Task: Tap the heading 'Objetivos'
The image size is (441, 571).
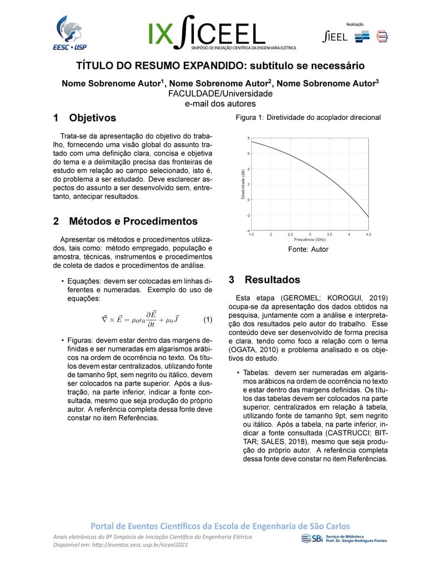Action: pyautogui.click(x=92, y=118)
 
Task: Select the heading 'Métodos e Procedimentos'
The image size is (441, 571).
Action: pyautogui.click(x=133, y=221)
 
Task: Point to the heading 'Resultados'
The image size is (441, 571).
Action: pyautogui.click(x=272, y=279)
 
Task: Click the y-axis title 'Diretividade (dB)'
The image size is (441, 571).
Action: pyautogui.click(x=243, y=184)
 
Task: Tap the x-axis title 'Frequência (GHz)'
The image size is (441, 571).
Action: pyautogui.click(x=310, y=239)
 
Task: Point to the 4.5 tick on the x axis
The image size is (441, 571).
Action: pyautogui.click(x=368, y=235)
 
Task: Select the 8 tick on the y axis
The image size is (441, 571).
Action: pyautogui.click(x=248, y=138)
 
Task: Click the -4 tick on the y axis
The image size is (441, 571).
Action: pyautogui.click(x=248, y=231)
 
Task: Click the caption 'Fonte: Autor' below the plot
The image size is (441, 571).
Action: pyautogui.click(x=308, y=249)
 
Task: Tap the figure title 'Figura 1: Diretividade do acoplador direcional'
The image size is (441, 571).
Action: pyautogui.click(x=308, y=118)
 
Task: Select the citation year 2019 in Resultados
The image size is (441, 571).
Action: pyautogui.click(x=377, y=298)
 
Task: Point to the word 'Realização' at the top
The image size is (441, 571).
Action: pyautogui.click(x=354, y=24)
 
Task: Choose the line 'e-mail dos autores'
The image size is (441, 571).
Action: pyautogui.click(x=220, y=103)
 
